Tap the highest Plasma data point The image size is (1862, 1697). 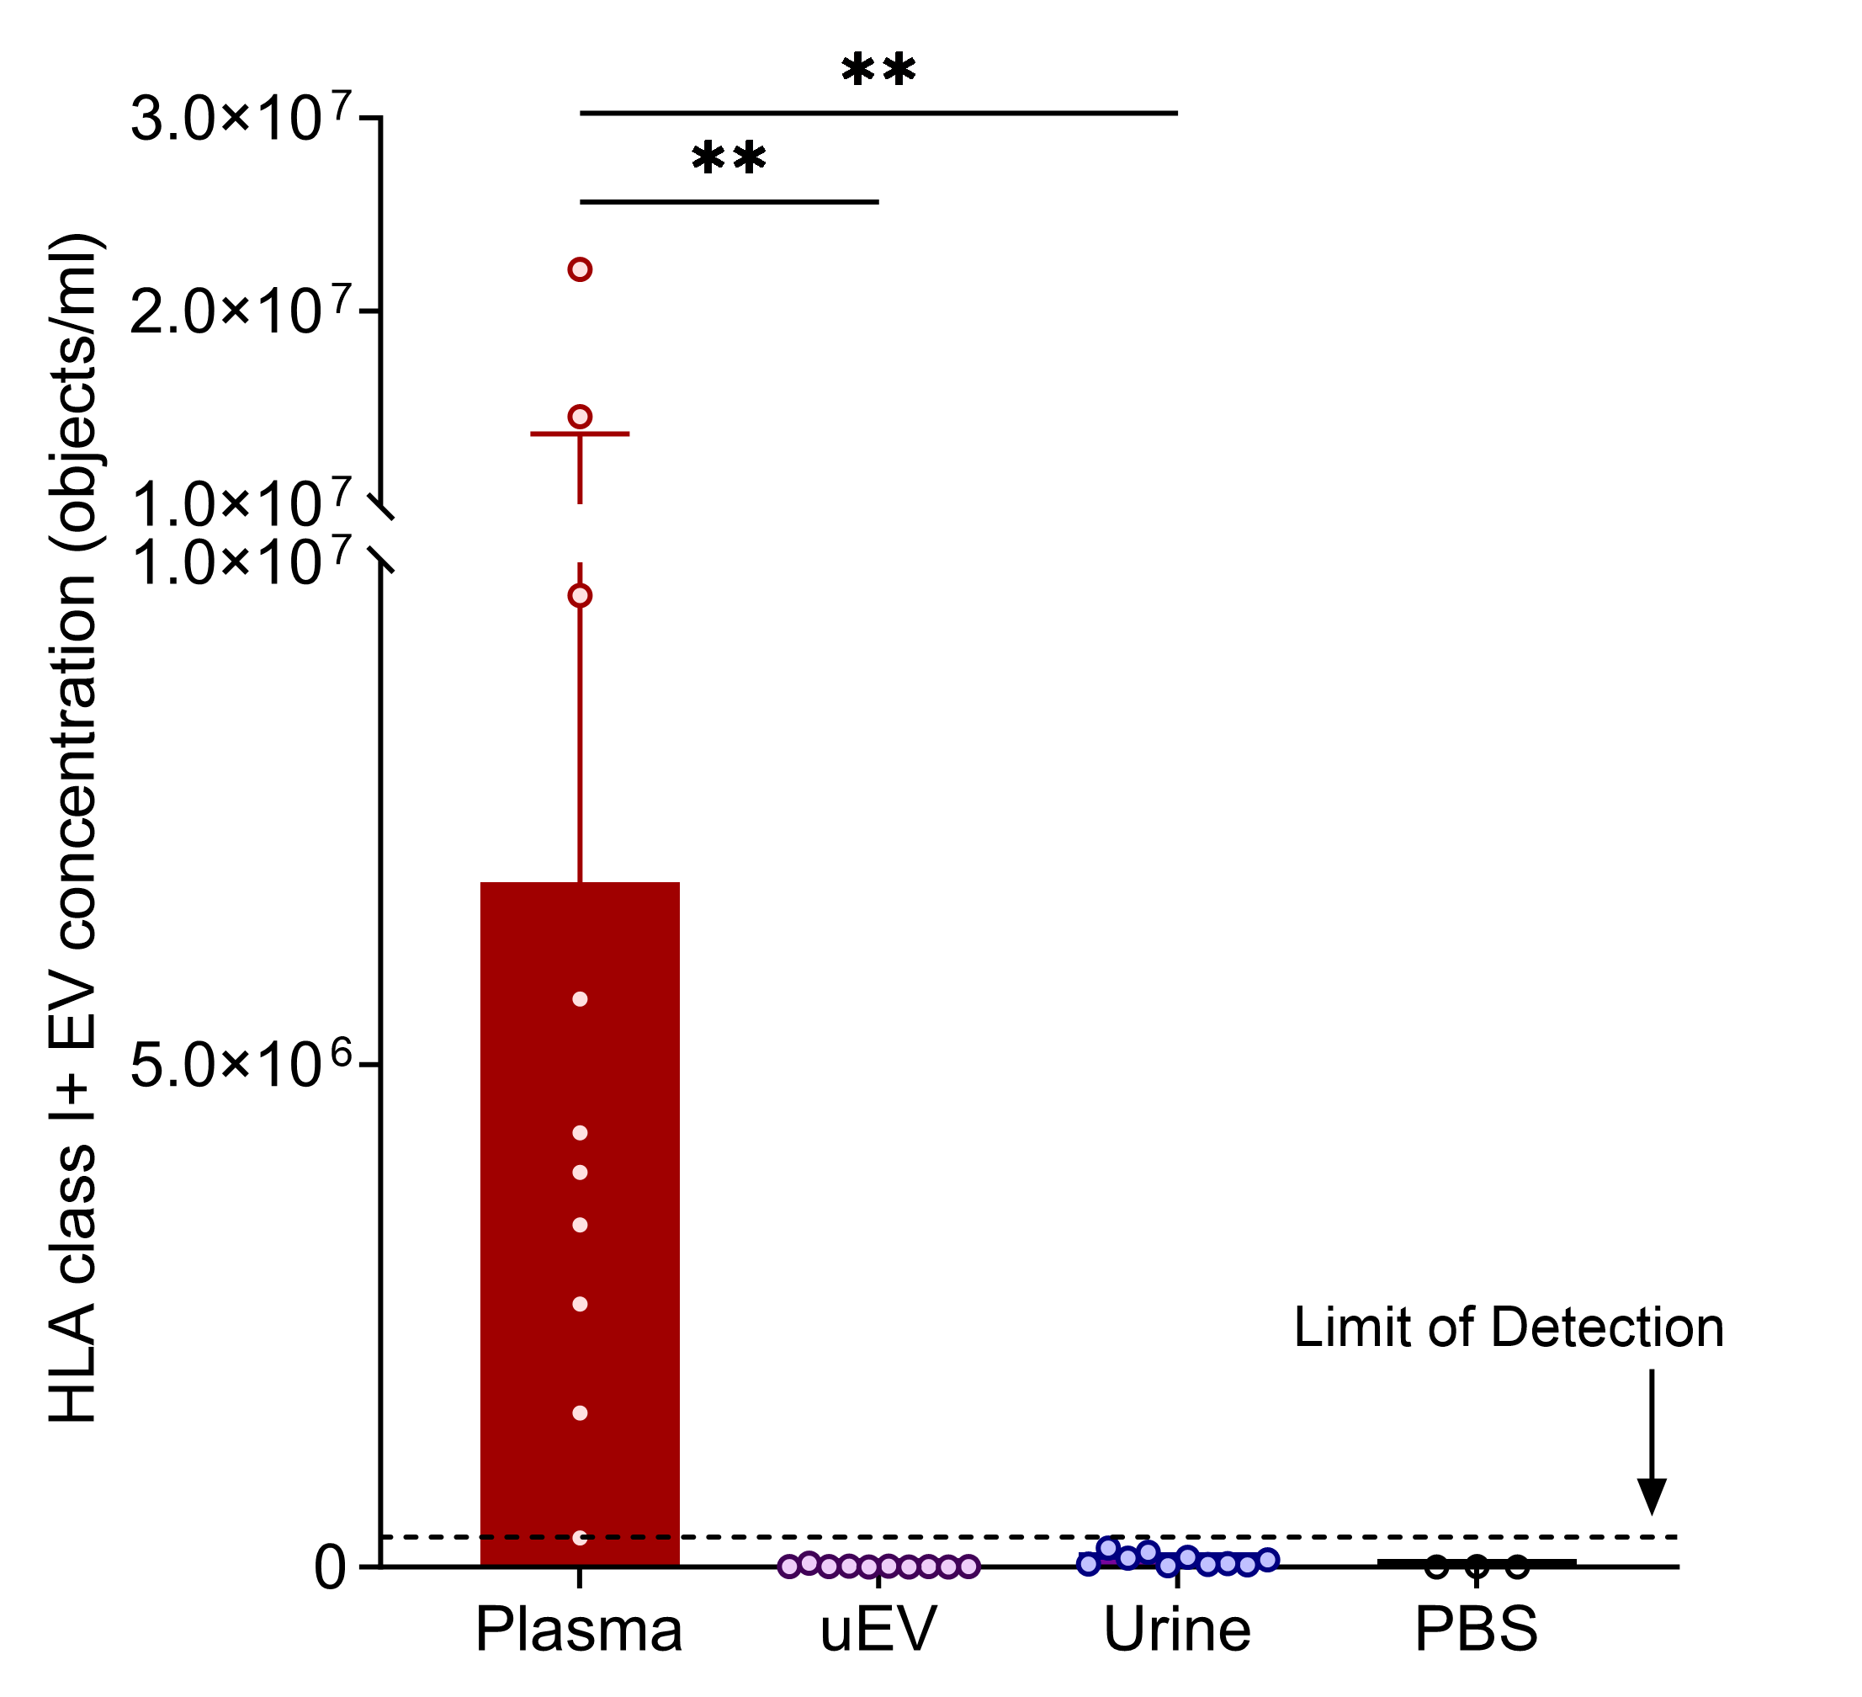tap(580, 269)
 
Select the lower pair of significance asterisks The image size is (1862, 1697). tap(729, 159)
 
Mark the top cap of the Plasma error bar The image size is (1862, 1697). tap(580, 434)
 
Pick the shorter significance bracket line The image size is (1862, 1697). tap(729, 201)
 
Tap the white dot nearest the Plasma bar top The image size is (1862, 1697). tap(580, 998)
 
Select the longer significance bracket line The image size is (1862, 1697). tap(878, 113)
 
